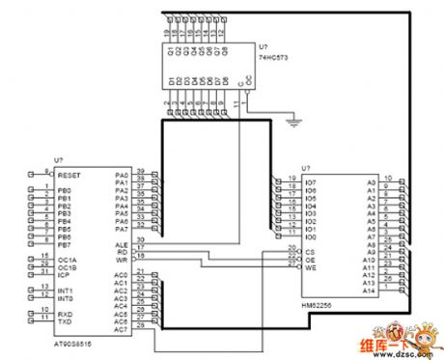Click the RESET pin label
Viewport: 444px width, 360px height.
(x=69, y=176)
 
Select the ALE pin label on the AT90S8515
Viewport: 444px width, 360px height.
(x=122, y=246)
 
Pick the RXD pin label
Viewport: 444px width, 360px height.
(x=65, y=313)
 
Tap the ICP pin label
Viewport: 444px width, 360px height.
(x=63, y=274)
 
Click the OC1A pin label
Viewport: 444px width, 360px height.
(x=67, y=259)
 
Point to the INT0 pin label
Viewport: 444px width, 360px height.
(x=66, y=297)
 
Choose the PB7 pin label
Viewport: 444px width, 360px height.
(x=64, y=245)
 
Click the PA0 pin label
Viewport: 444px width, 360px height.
(x=122, y=176)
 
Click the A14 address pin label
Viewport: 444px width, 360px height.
(x=370, y=289)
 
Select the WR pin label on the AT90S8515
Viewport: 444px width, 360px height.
(x=122, y=261)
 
